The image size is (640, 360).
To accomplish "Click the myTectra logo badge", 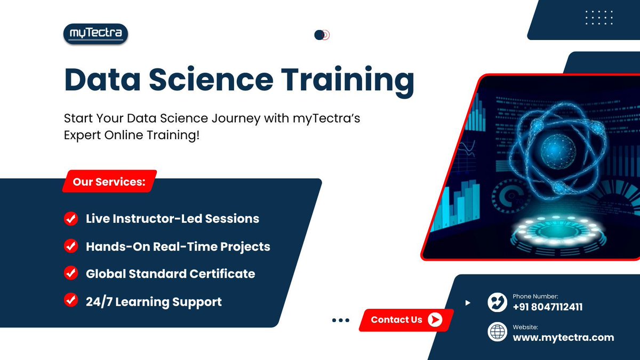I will (x=95, y=34).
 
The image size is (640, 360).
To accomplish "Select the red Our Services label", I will (x=109, y=182).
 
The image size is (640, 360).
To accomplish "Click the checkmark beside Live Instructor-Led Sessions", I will (x=70, y=218).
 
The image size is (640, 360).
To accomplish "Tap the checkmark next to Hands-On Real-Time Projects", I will (x=70, y=246).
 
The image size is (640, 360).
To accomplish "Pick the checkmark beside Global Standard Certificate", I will (x=70, y=273).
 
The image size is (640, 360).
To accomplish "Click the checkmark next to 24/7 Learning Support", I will (x=70, y=301).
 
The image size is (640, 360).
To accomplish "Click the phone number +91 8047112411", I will (x=548, y=307).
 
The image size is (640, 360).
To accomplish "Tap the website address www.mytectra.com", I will (x=563, y=337).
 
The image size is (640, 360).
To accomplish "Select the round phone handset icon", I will (x=497, y=302).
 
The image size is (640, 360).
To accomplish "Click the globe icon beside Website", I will (x=497, y=332).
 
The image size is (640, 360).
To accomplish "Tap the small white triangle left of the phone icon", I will (x=468, y=303).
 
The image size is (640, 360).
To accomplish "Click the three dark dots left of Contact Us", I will (x=340, y=320).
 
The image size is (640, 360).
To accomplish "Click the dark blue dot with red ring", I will (x=320, y=35).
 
